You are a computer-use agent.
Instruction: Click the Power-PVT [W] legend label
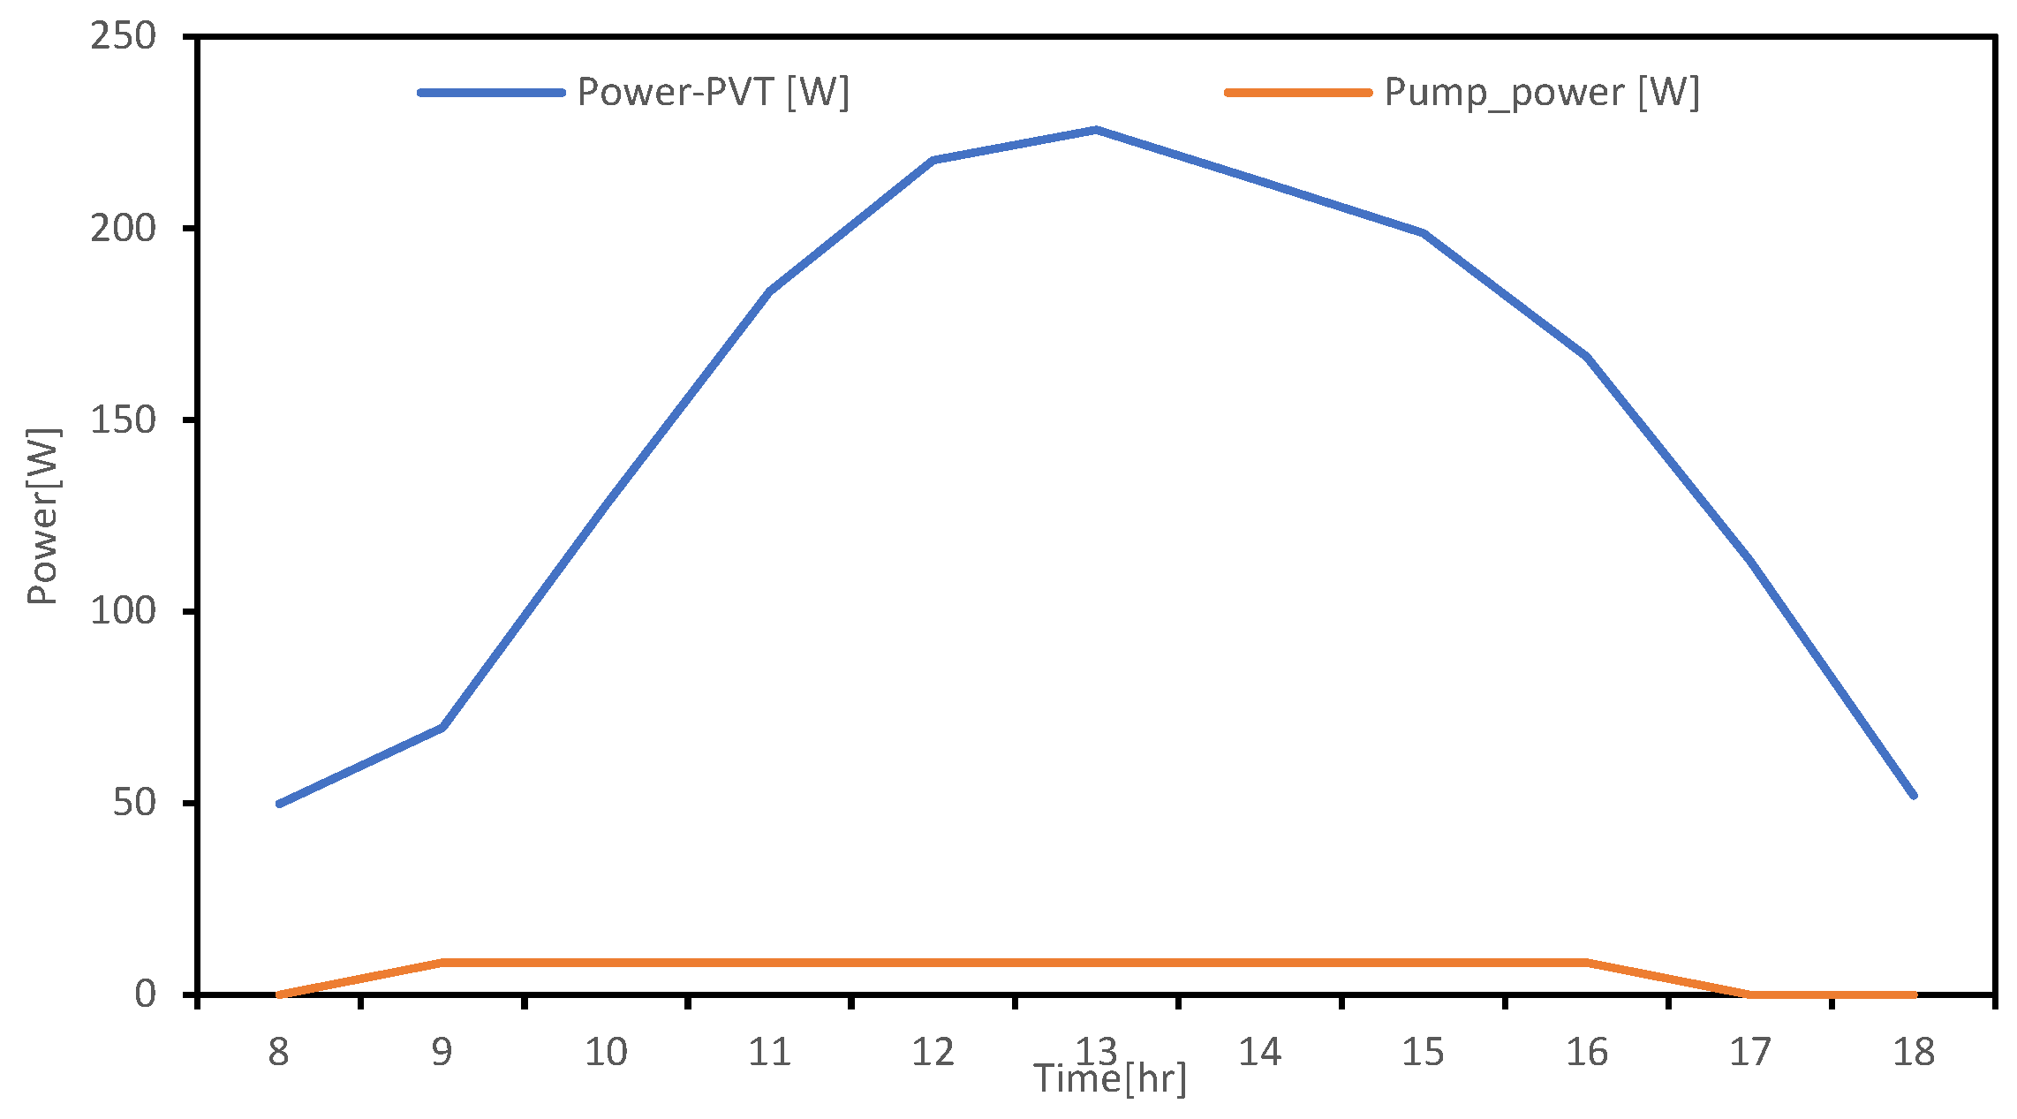(x=713, y=92)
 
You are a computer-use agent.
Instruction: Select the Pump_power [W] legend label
(x=1541, y=92)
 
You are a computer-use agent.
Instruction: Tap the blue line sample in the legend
(x=491, y=92)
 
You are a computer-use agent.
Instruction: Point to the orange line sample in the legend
(x=1297, y=92)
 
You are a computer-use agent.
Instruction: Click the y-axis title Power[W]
(x=42, y=517)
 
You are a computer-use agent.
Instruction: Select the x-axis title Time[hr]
(x=1110, y=1079)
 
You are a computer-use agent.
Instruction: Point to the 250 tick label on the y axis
(x=123, y=36)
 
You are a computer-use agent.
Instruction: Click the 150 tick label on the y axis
(x=123, y=420)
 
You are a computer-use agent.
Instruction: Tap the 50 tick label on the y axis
(x=134, y=803)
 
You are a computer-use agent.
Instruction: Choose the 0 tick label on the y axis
(x=146, y=994)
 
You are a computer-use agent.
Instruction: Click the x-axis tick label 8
(x=279, y=1052)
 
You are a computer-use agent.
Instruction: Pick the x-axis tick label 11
(x=769, y=1052)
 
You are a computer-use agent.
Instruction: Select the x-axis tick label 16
(x=1587, y=1052)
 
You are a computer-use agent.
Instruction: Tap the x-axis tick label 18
(x=1914, y=1052)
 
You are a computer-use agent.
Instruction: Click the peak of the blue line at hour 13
(x=1097, y=130)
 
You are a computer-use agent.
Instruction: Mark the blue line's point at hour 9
(x=442, y=727)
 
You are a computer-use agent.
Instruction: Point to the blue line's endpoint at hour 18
(x=1914, y=796)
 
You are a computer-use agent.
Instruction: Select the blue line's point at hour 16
(x=1587, y=357)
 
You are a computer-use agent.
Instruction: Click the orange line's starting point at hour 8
(x=280, y=994)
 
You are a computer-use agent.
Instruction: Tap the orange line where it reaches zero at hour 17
(x=1750, y=994)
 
